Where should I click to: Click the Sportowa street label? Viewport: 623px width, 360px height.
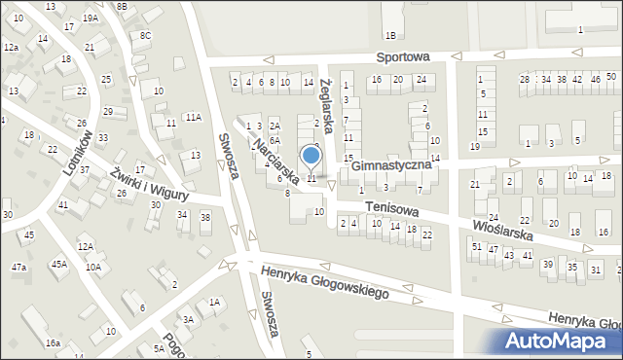click(406, 57)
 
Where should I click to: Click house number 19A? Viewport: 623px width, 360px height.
click(90, 18)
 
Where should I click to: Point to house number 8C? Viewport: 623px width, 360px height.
click(145, 36)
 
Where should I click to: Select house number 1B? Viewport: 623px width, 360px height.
click(390, 36)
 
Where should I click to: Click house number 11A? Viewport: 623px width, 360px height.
click(194, 117)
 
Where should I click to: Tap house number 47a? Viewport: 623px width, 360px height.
click(18, 267)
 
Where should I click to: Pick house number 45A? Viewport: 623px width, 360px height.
click(59, 264)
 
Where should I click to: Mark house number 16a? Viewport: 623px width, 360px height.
click(52, 343)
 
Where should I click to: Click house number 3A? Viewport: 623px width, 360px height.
click(189, 319)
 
